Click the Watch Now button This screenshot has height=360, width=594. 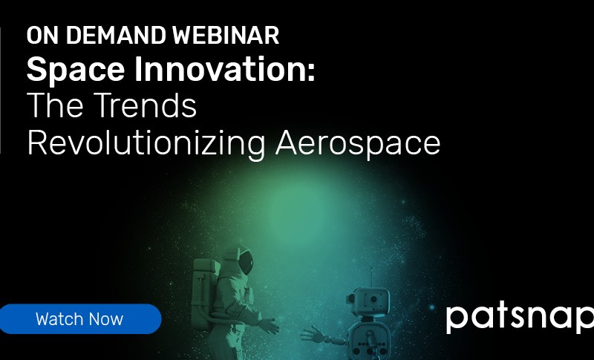(x=80, y=318)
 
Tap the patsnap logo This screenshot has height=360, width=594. (x=520, y=318)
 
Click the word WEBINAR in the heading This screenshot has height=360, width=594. (x=226, y=36)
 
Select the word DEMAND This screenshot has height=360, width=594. (x=116, y=36)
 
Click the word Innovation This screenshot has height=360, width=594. (x=219, y=68)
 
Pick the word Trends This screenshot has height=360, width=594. (x=145, y=105)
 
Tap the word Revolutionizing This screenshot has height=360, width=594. (x=146, y=144)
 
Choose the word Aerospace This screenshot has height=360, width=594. (x=358, y=144)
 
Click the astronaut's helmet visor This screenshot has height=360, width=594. (x=246, y=262)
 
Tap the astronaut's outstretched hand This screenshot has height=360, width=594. (x=269, y=326)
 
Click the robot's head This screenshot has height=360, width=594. (x=368, y=301)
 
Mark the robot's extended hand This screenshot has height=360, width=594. (x=312, y=334)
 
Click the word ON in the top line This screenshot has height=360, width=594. (x=42, y=36)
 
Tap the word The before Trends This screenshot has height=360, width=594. (x=55, y=105)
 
